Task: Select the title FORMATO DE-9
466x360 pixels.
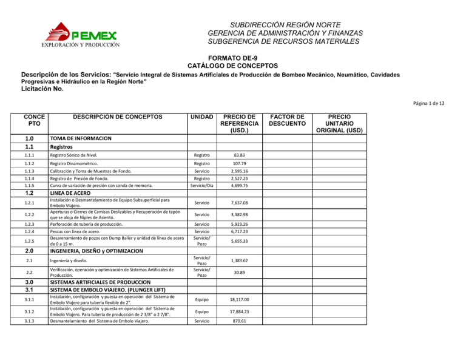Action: (x=233, y=56)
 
